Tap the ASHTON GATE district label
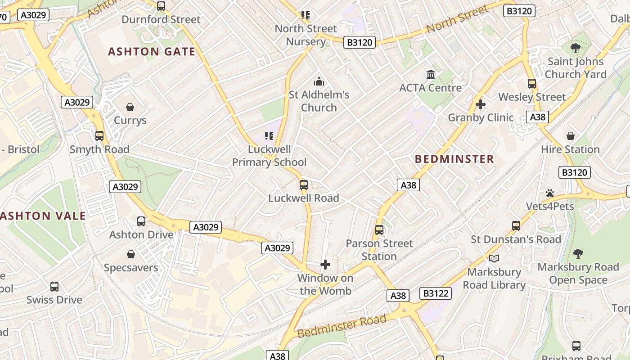tap(152, 52)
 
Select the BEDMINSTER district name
tap(454, 159)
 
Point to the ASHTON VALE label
tap(43, 216)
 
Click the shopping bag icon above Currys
tap(130, 107)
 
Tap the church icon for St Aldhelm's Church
tap(319, 81)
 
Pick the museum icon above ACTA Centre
tap(431, 74)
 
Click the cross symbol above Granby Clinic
tap(481, 104)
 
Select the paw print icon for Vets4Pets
tap(550, 193)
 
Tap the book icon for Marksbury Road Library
tap(494, 258)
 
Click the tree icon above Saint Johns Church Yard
tap(575, 48)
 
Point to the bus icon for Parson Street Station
tap(379, 230)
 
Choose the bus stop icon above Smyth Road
tap(99, 136)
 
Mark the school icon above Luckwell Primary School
tap(269, 136)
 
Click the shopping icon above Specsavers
tap(131, 255)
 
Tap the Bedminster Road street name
tap(342, 326)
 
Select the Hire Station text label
tap(570, 149)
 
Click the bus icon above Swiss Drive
tap(54, 287)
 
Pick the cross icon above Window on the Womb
tap(325, 265)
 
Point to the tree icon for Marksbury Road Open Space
tap(578, 254)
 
